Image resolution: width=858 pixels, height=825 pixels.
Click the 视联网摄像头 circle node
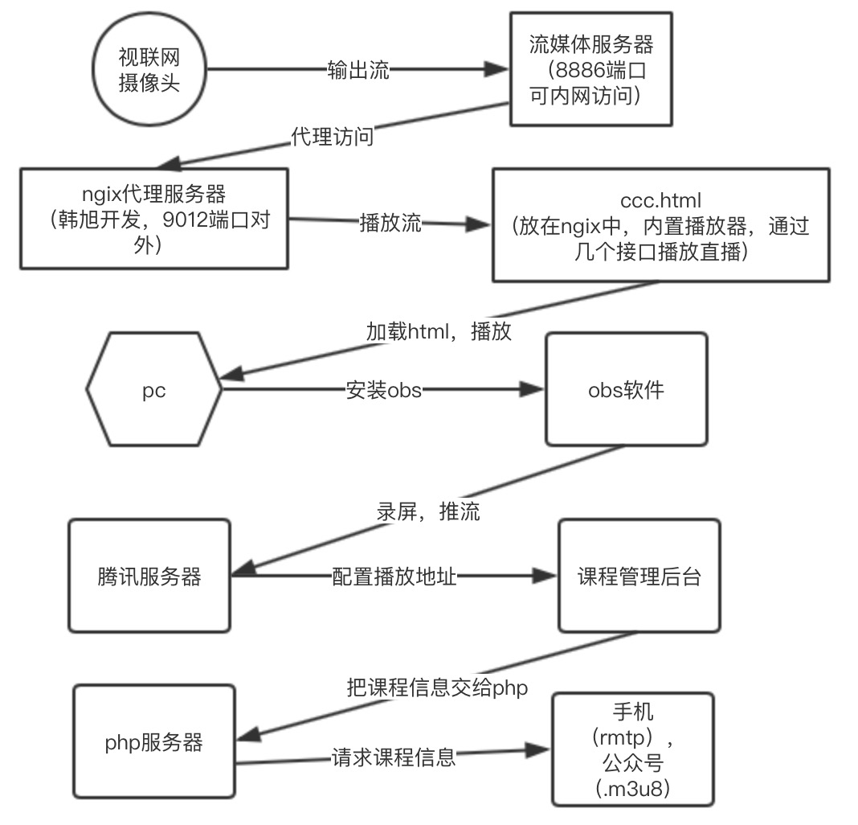(149, 72)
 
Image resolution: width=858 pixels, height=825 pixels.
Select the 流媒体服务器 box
(590, 69)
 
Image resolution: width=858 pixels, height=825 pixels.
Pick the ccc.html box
(660, 225)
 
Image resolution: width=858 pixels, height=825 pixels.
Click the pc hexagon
(153, 391)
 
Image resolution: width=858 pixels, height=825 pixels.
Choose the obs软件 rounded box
(627, 391)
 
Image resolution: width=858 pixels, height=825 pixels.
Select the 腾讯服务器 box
(149, 577)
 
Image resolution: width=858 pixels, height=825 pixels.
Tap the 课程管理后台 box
(639, 577)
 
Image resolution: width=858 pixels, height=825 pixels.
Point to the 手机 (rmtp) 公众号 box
(632, 751)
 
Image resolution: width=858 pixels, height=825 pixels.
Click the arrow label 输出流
(358, 70)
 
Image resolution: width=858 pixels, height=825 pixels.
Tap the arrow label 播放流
(390, 223)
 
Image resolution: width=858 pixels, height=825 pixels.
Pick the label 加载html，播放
(439, 331)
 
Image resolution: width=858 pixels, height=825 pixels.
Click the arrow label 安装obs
(383, 391)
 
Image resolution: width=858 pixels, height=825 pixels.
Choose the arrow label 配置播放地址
(394, 577)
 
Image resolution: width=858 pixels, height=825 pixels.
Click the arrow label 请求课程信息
(394, 756)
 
